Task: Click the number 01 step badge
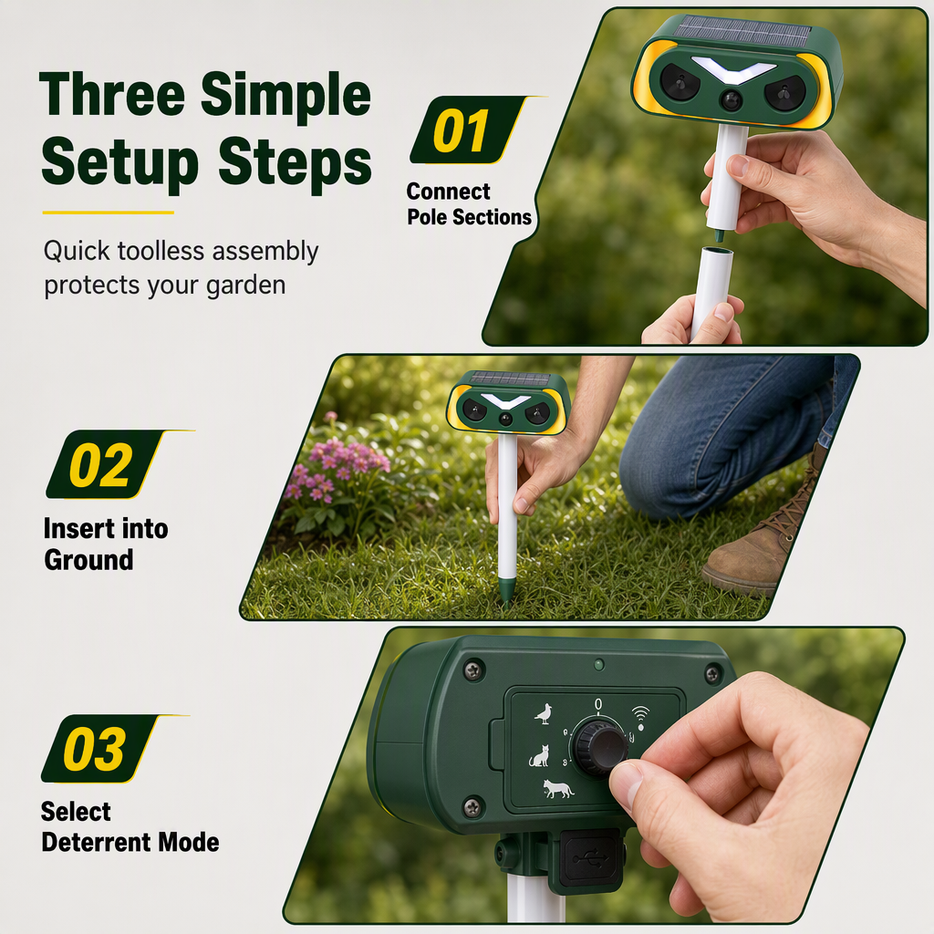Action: click(468, 130)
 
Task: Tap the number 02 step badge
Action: click(105, 464)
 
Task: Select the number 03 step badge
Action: click(99, 749)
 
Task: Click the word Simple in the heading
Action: click(285, 95)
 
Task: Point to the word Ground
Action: click(88, 560)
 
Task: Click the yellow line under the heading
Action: click(108, 212)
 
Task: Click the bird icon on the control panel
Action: click(544, 713)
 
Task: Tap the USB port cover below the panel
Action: click(589, 859)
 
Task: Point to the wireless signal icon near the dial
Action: click(640, 718)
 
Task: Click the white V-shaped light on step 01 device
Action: click(733, 69)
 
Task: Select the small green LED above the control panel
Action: click(598, 665)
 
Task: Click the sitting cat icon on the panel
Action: click(539, 756)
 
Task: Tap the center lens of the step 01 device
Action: click(731, 100)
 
